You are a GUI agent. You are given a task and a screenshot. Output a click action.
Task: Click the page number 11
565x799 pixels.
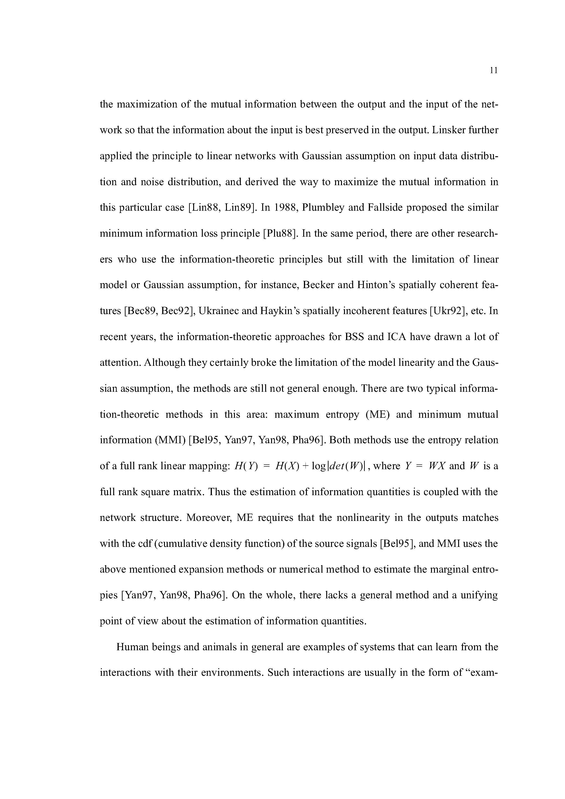[493, 71]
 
